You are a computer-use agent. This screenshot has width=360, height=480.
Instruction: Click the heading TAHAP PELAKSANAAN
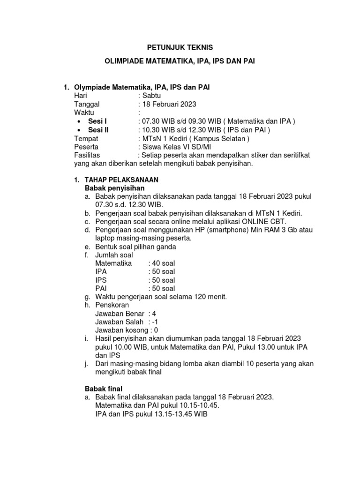point(121,180)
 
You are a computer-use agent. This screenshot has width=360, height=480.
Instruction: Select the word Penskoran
point(112,305)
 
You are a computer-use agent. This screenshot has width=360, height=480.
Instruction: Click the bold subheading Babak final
point(103,389)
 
